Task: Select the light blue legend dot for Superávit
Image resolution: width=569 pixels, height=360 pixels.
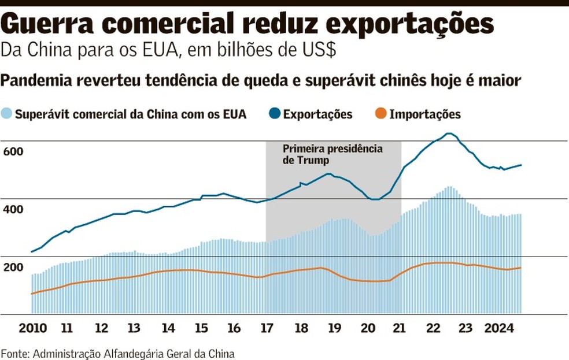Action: [7, 114]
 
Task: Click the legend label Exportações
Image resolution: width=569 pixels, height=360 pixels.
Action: [317, 114]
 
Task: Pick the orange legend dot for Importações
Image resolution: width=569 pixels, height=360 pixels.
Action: [380, 114]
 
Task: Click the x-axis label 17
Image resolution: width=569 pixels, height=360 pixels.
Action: [266, 328]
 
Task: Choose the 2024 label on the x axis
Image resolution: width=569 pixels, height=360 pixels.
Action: [500, 328]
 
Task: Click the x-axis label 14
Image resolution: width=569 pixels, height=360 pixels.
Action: [168, 328]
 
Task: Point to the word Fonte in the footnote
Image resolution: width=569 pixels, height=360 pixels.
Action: [14, 353]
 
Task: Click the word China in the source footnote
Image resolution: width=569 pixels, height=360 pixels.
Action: [221, 353]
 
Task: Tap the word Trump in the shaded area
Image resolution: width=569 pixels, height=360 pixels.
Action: [313, 161]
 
